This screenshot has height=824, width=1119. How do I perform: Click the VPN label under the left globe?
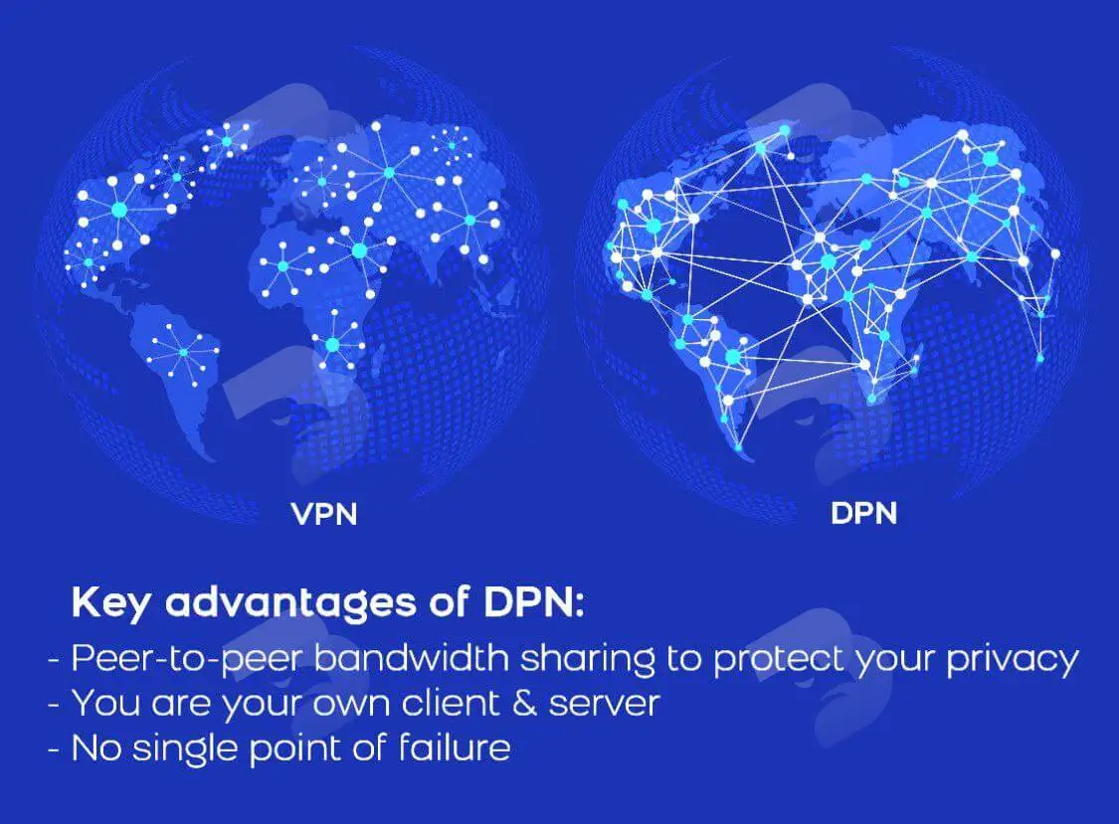tap(324, 514)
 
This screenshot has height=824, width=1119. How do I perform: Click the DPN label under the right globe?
tap(863, 514)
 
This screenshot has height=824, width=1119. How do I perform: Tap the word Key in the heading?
tap(111, 603)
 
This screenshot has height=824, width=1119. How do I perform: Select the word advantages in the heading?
tap(290, 603)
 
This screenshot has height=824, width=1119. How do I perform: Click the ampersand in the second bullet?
tap(524, 703)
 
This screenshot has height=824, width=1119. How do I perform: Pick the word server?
tap(604, 704)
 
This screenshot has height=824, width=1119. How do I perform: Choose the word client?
tap(451, 703)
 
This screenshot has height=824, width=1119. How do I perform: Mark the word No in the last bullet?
tap(96, 748)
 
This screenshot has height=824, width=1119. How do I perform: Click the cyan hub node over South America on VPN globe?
tap(183, 353)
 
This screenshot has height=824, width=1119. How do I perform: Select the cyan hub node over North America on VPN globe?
tap(119, 210)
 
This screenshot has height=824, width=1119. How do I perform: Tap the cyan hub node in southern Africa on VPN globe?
tap(332, 345)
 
